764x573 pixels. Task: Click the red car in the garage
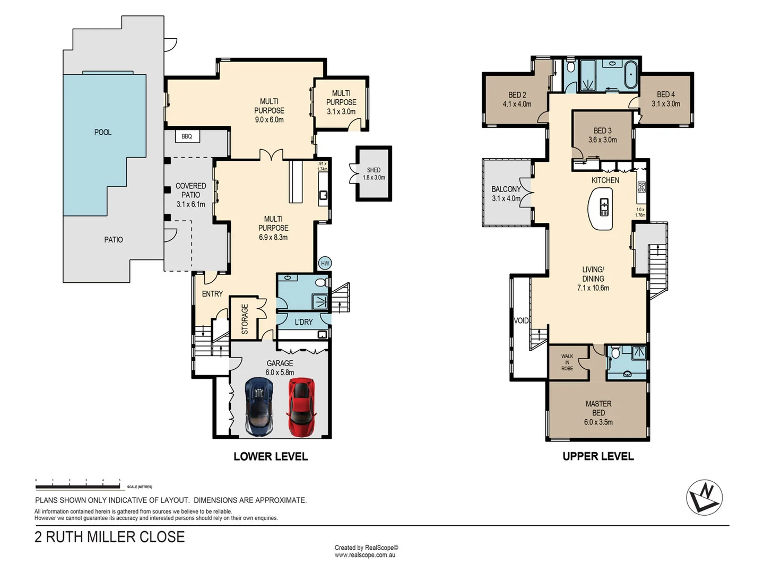[x=301, y=406]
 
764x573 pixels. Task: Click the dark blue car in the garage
[x=259, y=406]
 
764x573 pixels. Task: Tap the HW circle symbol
[x=325, y=263]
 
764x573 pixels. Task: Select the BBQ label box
[x=187, y=136]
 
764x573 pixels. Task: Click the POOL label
[x=103, y=132]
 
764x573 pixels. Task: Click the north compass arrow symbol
[x=704, y=497]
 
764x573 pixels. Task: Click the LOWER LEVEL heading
[x=271, y=456]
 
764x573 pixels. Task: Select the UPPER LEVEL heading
[x=598, y=456]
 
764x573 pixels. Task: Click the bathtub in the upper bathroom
[x=630, y=75]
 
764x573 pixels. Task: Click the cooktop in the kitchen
[x=641, y=187]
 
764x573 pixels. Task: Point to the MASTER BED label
[x=598, y=413]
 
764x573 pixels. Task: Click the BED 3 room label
[x=602, y=135]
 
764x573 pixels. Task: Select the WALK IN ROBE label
[x=567, y=362]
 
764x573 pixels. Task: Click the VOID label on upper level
[x=521, y=320]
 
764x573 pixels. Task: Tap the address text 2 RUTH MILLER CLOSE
[x=110, y=537]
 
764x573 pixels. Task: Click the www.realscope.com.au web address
[x=365, y=555]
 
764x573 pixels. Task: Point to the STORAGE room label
[x=245, y=319]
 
